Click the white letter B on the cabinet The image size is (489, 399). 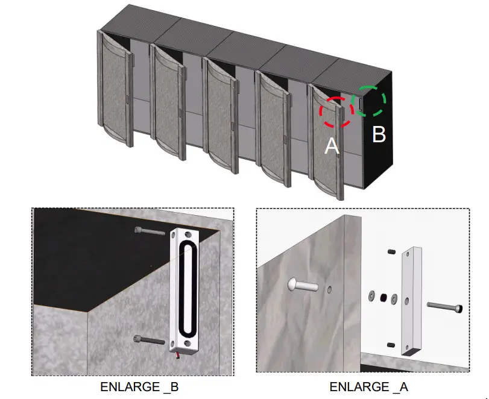pos(378,134)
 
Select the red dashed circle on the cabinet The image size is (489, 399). pos(336,112)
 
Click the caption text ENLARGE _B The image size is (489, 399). pos(139,387)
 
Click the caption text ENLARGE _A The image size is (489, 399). pos(369,387)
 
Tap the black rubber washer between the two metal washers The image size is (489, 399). pos(382,297)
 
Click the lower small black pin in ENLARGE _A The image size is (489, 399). pos(391,344)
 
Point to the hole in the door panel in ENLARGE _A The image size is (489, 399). pos(329,290)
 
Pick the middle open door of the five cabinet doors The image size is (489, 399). pos(220,115)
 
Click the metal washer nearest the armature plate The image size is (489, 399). pos(394,298)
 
